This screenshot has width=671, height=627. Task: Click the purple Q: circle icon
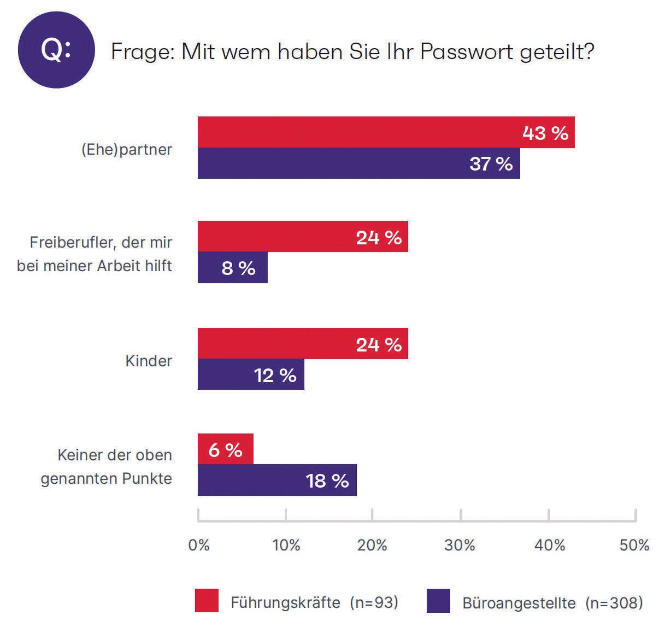56,50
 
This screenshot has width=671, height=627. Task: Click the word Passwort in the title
466,52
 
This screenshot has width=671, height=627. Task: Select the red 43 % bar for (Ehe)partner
386,132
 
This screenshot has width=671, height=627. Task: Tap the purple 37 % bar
359,163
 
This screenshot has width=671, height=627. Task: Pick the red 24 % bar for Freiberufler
303,237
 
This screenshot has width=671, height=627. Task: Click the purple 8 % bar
233,267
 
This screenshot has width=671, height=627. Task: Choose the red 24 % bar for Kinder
303,343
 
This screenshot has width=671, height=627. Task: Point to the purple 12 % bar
251,374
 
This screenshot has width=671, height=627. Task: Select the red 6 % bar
226,449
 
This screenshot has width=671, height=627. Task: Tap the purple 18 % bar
278,480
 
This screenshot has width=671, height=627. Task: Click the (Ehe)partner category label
127,150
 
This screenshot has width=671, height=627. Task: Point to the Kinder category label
149,361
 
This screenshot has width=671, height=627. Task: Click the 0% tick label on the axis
199,545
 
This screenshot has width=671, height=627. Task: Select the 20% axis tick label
372,545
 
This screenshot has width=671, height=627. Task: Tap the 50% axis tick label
634,545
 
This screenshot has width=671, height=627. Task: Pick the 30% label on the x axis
460,545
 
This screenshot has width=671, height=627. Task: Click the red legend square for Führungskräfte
207,601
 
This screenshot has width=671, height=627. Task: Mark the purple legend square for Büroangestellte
438,601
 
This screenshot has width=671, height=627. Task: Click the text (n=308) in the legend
614,602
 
